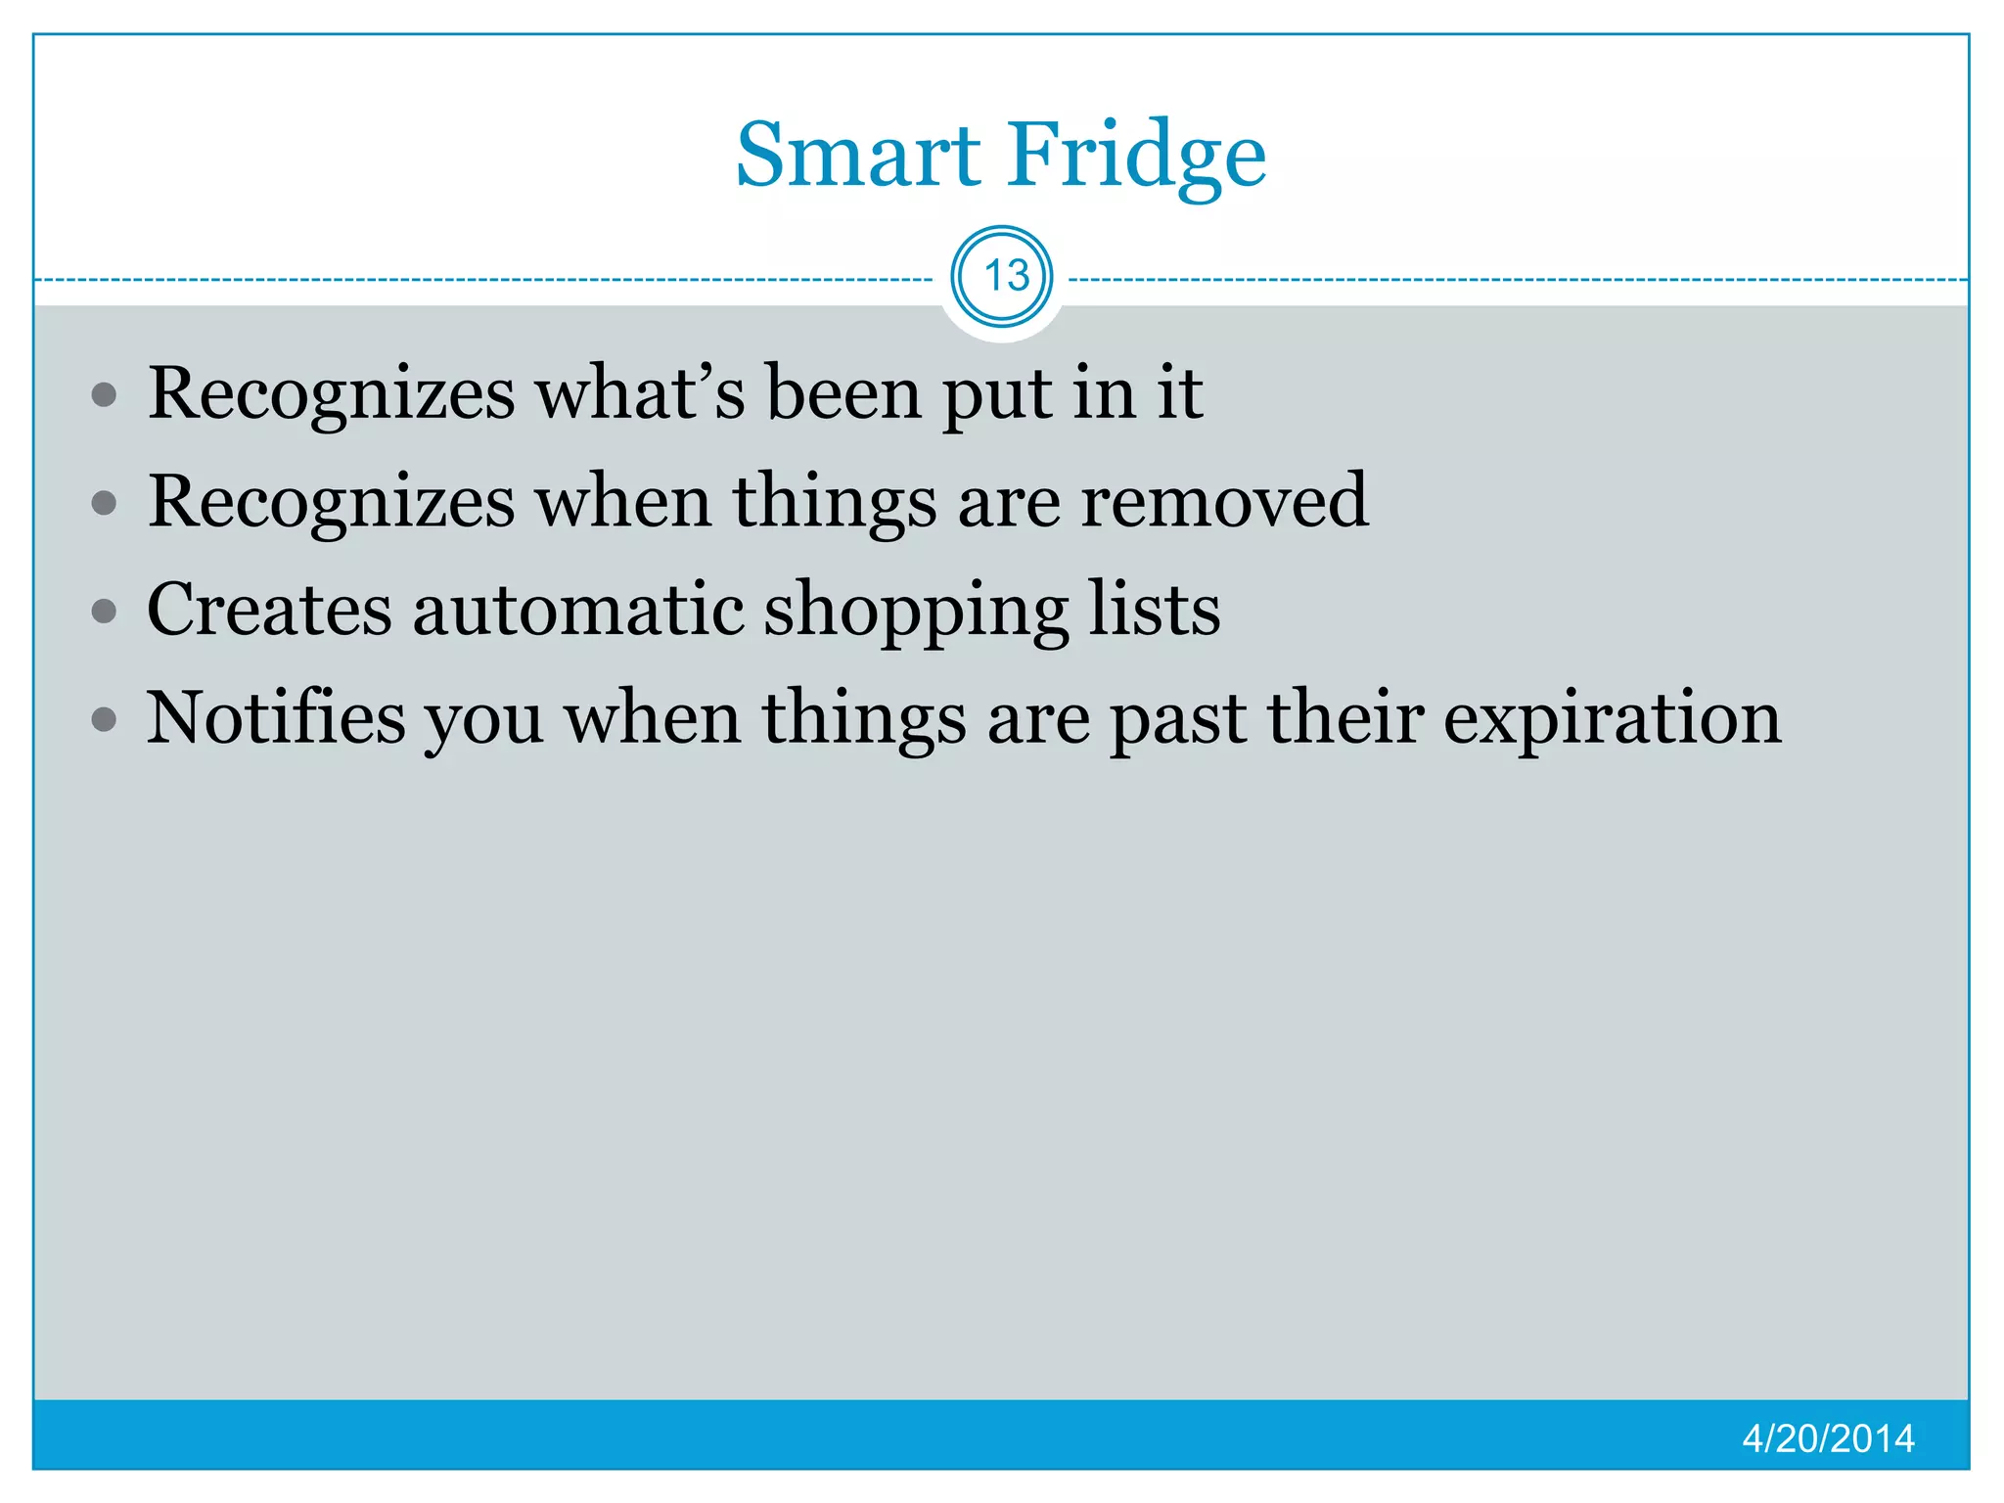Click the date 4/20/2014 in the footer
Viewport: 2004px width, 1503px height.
[1828, 1438]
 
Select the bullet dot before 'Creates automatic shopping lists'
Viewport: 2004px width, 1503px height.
[104, 613]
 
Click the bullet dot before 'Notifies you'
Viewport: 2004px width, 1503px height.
[104, 721]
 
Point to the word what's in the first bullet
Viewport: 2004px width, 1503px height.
[640, 393]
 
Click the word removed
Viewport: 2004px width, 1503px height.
[1223, 501]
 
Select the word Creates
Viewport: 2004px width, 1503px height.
[269, 610]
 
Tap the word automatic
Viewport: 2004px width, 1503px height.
[577, 610]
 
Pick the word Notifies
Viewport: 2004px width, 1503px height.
[276, 717]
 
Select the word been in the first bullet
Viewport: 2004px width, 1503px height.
[843, 393]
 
